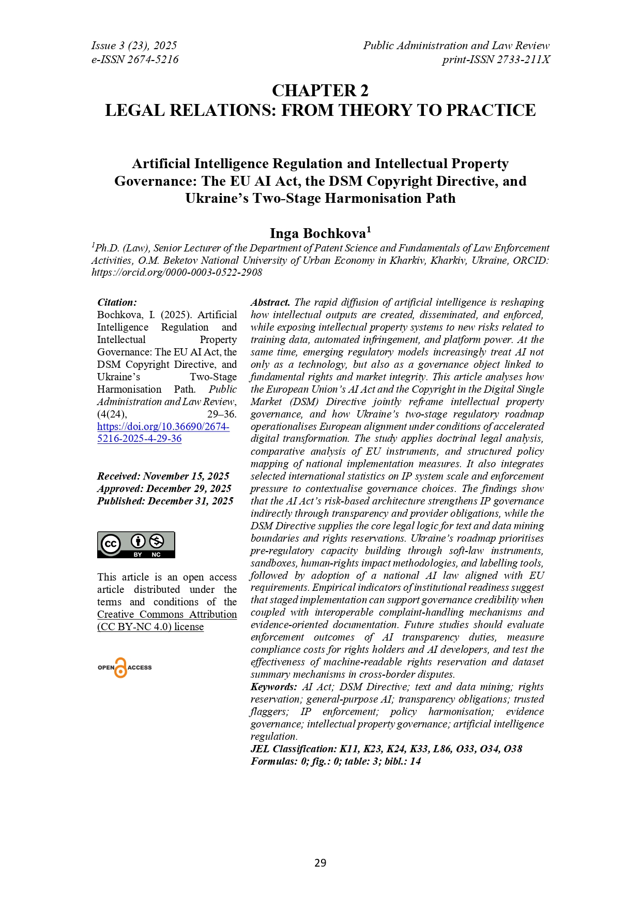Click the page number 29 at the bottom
(320, 862)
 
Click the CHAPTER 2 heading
(320, 91)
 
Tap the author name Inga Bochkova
(318, 233)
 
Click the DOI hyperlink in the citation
(163, 433)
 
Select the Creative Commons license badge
(136, 545)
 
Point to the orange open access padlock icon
(120, 668)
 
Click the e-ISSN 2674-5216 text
(135, 59)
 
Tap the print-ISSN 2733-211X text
(496, 59)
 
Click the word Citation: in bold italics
(117, 303)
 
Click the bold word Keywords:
(273, 687)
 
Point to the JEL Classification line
(386, 749)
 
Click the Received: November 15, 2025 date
(163, 477)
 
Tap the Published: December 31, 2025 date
(165, 501)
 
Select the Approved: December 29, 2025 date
(164, 489)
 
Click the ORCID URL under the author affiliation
(177, 273)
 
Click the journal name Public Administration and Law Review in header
(456, 46)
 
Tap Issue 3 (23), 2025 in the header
(134, 46)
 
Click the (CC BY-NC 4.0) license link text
(150, 627)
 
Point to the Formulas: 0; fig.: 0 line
(335, 762)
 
